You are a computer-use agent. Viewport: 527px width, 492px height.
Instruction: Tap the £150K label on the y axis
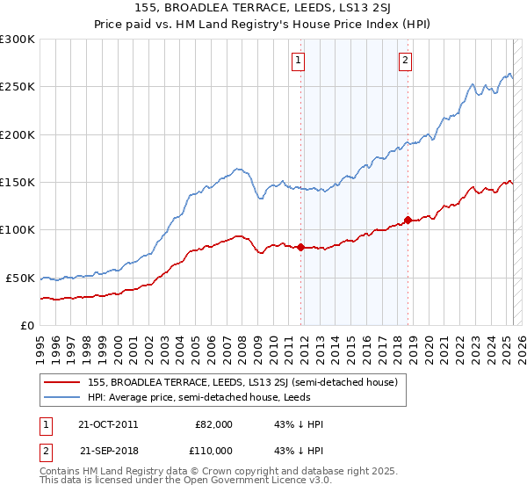(17, 182)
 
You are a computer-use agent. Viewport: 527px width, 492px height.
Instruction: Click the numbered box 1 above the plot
(299, 61)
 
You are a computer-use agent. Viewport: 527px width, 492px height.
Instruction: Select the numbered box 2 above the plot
(406, 61)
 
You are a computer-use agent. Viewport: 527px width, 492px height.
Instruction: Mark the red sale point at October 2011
(300, 247)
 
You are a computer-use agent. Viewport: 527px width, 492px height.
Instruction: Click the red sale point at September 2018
(408, 220)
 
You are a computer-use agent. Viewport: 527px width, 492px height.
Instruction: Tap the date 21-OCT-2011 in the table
(109, 424)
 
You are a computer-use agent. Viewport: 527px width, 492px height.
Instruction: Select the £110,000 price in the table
(213, 450)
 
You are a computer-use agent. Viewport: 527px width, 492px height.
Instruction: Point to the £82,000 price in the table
(213, 424)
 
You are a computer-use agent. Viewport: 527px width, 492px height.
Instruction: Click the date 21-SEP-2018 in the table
(109, 450)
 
